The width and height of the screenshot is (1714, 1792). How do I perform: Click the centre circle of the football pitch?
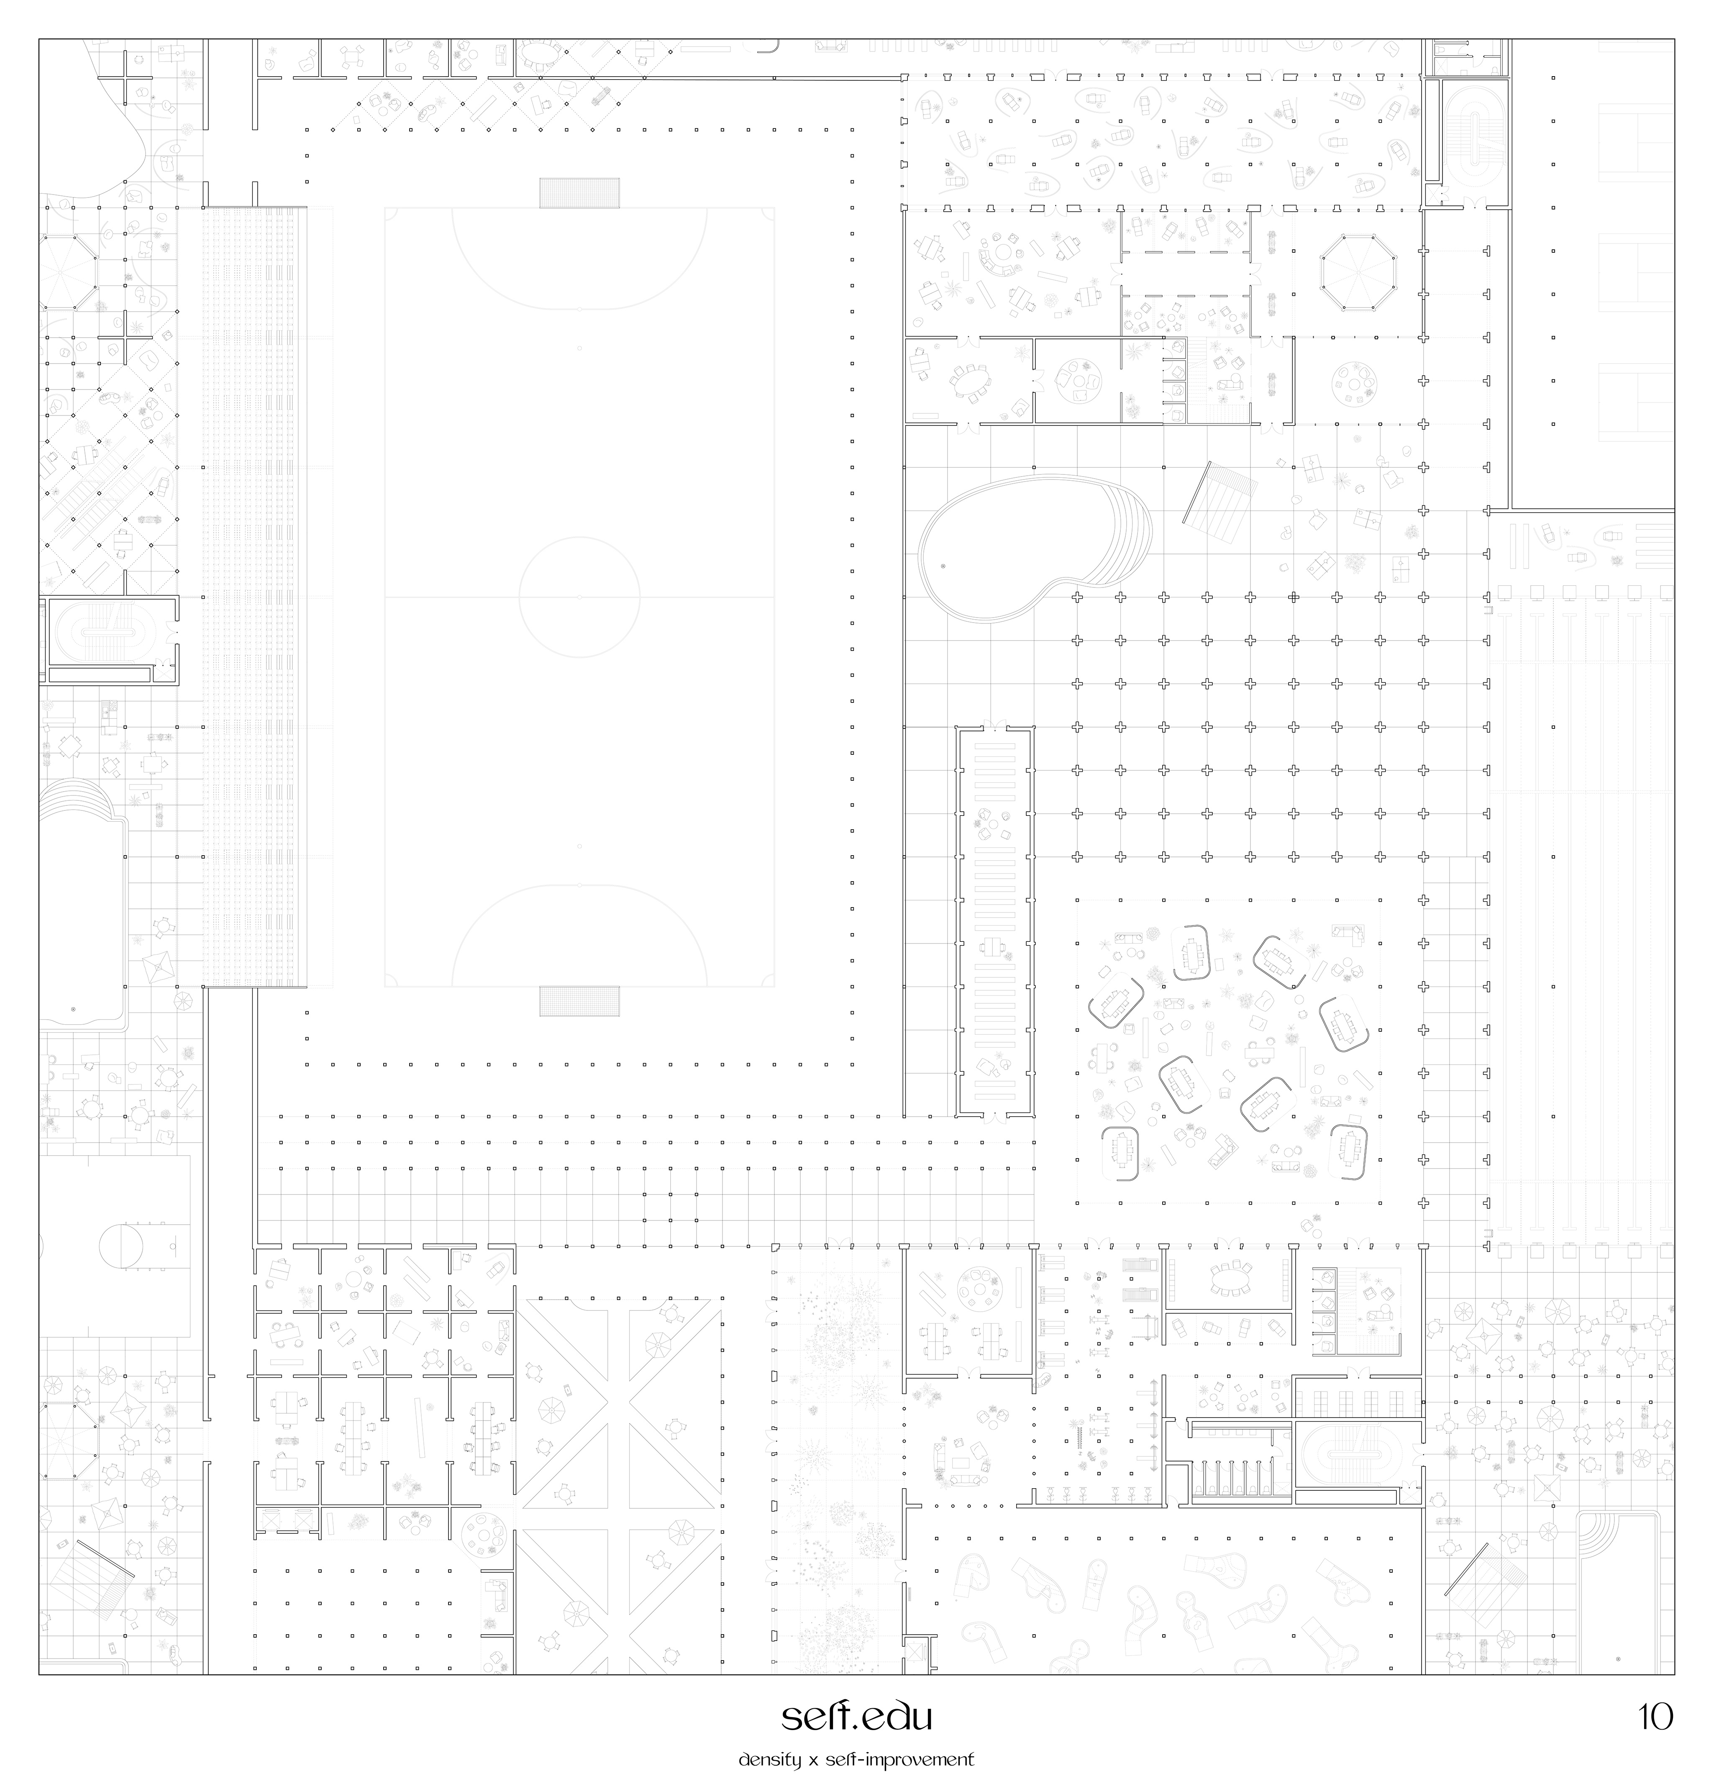pyautogui.click(x=579, y=537)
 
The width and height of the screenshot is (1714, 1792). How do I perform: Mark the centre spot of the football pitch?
pyautogui.click(x=579, y=597)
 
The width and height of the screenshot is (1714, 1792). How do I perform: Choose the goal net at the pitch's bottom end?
pyautogui.click(x=579, y=1001)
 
